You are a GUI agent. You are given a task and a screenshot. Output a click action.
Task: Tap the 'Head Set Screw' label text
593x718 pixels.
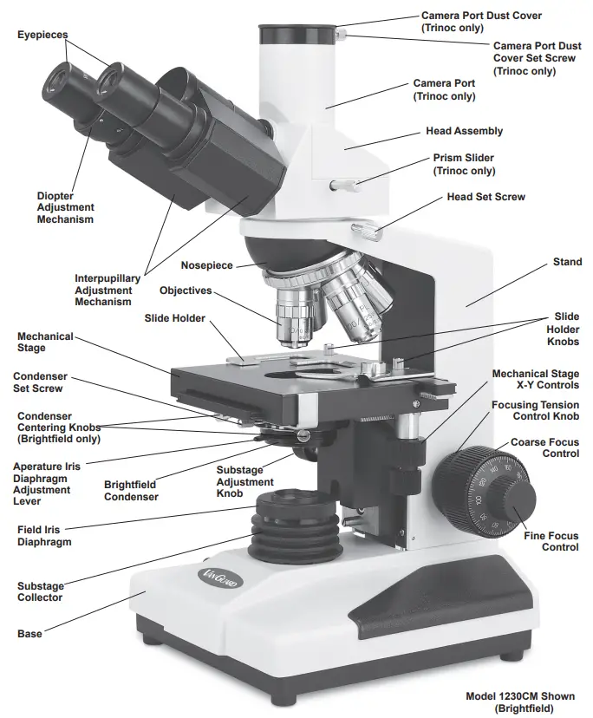485,197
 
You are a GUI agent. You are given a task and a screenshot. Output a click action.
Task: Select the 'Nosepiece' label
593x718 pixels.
206,265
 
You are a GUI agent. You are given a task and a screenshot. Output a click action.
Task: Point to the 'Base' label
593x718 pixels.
29,634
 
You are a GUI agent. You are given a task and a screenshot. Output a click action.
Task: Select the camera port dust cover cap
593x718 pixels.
297,35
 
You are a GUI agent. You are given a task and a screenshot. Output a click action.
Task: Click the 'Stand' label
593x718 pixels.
567,262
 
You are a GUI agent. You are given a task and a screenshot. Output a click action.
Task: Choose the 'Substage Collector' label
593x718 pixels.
40,591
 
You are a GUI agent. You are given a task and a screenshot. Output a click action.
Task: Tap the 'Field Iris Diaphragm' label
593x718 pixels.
43,535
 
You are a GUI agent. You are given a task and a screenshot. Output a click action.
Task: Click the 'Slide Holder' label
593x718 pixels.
174,318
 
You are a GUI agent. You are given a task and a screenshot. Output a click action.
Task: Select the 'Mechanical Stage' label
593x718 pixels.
45,342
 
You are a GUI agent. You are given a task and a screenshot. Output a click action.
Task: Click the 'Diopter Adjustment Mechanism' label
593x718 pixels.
65,208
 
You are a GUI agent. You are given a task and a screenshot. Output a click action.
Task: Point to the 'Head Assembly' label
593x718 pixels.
464,131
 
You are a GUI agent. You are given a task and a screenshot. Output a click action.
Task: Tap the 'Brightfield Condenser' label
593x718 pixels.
131,491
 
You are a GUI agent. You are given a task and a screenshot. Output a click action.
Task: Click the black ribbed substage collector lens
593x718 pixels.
281,529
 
